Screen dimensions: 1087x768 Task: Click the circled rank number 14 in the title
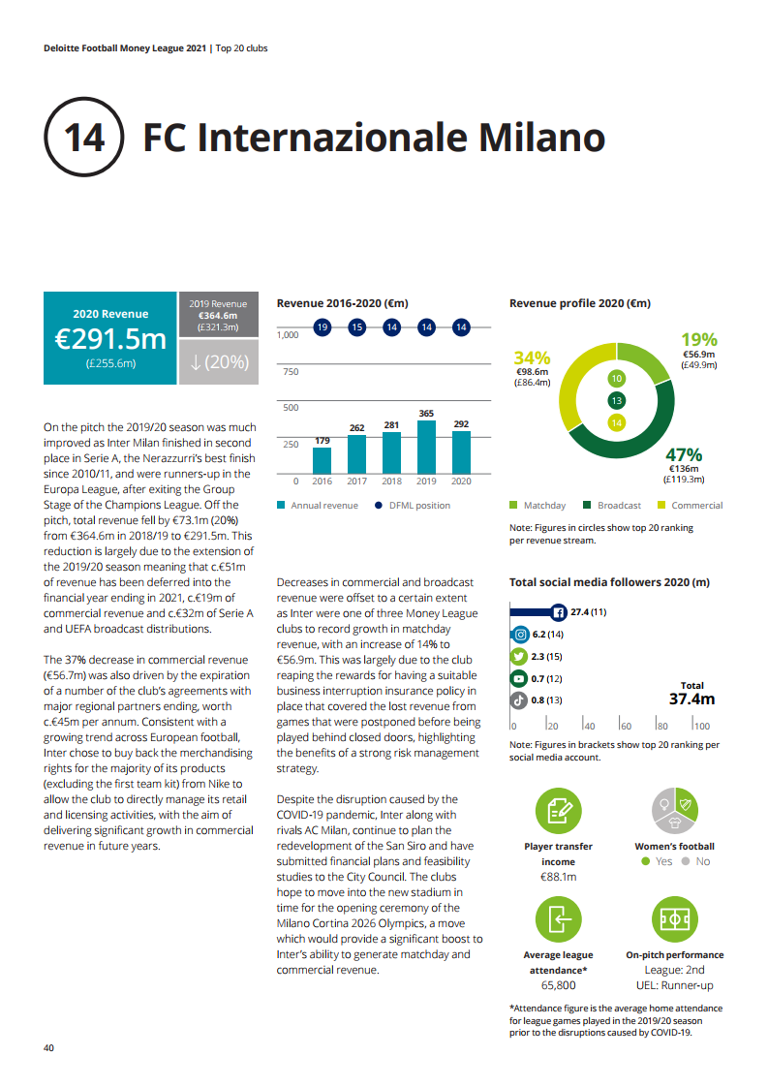click(83, 138)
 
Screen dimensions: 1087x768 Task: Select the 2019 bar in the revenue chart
click(426, 447)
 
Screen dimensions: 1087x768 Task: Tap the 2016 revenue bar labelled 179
click(322, 459)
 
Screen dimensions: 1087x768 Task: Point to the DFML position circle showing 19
click(322, 327)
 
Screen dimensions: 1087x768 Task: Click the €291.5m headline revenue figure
click(110, 338)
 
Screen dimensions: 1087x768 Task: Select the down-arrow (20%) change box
click(219, 362)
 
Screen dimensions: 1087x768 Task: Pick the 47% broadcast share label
click(684, 455)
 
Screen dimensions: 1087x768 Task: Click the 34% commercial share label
click(532, 358)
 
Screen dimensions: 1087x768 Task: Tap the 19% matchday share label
click(698, 340)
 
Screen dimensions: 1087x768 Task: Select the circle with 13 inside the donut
click(617, 400)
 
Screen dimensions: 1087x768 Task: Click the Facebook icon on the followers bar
click(558, 612)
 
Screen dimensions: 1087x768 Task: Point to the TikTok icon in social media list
click(520, 699)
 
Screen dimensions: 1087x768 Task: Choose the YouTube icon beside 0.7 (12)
click(520, 678)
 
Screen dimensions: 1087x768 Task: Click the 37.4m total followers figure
click(691, 699)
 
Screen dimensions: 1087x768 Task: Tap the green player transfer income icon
click(559, 811)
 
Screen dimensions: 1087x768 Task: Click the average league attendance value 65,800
click(559, 985)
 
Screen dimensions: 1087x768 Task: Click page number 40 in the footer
click(48, 1048)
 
